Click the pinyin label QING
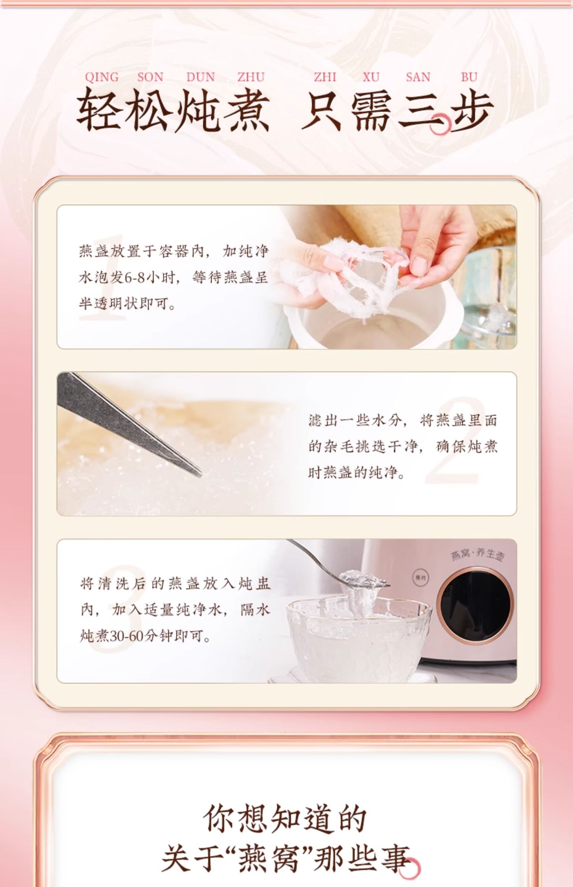coord(102,77)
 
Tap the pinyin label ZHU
coord(251,77)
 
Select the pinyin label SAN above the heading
coord(418,77)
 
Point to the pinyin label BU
coord(469,77)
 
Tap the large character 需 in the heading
coord(371,111)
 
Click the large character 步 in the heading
coord(469,111)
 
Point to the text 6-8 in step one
coord(135,278)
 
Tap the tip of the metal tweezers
coord(200,476)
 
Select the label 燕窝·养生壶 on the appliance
coord(477,555)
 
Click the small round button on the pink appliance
coord(421,579)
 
